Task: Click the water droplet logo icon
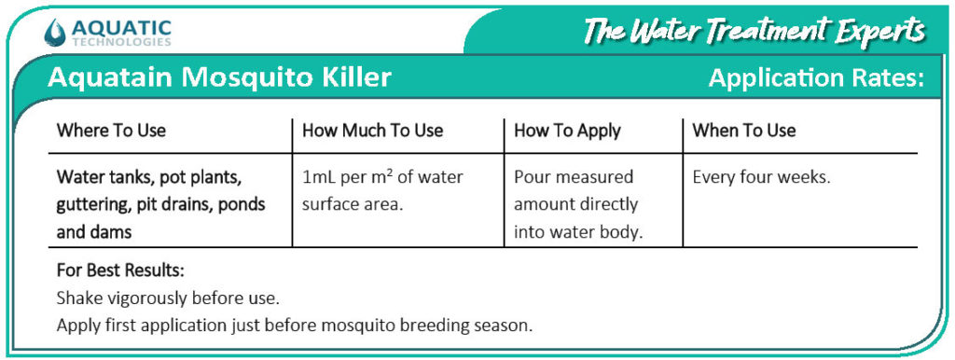point(54,33)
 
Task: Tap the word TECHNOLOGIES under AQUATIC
point(120,43)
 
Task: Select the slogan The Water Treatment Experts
point(754,31)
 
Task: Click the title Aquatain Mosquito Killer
point(220,78)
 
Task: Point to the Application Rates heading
point(817,79)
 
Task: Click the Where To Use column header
point(111,131)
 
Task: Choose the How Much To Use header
point(373,131)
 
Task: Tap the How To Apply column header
point(567,132)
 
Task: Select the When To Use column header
point(743,131)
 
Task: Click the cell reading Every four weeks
point(762,178)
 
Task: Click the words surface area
point(353,204)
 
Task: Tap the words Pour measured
point(574,177)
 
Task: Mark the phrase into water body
point(578,232)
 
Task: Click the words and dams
point(94,232)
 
